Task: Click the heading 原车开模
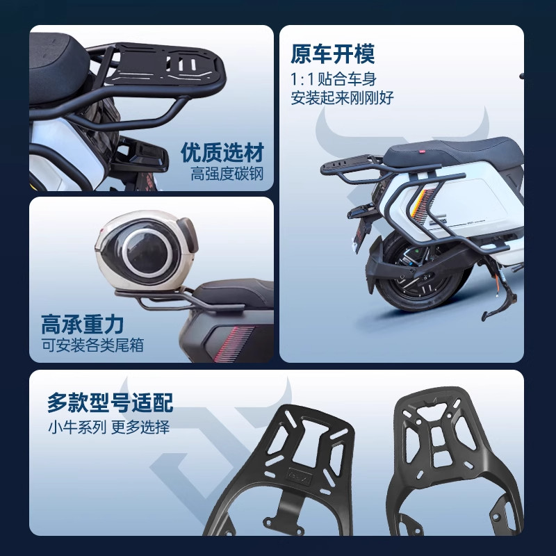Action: point(332,54)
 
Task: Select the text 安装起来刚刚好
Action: point(343,97)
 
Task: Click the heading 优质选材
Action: point(222,152)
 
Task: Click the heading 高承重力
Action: point(82,324)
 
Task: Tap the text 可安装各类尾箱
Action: point(92,345)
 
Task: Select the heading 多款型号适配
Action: point(110,402)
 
